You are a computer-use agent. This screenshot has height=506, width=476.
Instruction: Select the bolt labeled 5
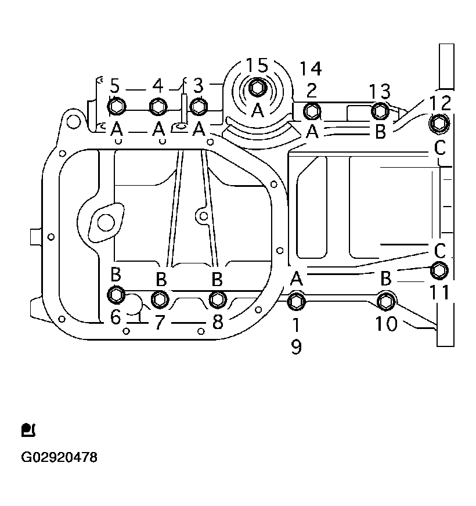pyautogui.click(x=116, y=106)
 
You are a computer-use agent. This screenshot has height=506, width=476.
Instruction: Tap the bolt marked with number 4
pyautogui.click(x=158, y=106)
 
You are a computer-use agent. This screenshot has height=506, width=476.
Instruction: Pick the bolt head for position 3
pyautogui.click(x=199, y=106)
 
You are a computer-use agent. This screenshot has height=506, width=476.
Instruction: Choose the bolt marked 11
pyautogui.click(x=439, y=270)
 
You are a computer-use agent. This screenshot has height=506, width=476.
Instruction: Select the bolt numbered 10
pyautogui.click(x=385, y=301)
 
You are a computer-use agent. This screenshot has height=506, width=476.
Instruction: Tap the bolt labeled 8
pyautogui.click(x=218, y=299)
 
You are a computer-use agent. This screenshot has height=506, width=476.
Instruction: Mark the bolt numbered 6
pyautogui.click(x=116, y=295)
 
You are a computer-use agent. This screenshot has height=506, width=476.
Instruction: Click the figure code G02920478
pyautogui.click(x=59, y=457)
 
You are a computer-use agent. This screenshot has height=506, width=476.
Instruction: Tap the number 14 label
pyautogui.click(x=311, y=68)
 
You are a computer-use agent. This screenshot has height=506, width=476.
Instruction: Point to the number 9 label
pyautogui.click(x=296, y=347)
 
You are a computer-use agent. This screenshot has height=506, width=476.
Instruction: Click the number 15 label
pyautogui.click(x=257, y=65)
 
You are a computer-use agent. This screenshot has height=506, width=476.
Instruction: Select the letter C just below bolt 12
pyautogui.click(x=440, y=149)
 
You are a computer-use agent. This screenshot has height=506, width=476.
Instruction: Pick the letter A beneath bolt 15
pyautogui.click(x=257, y=110)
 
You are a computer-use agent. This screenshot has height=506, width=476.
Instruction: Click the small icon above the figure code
pyautogui.click(x=28, y=430)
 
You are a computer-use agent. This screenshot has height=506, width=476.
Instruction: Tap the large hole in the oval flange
pyautogui.click(x=106, y=221)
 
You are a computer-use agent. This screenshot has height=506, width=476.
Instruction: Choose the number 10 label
pyautogui.click(x=386, y=323)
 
